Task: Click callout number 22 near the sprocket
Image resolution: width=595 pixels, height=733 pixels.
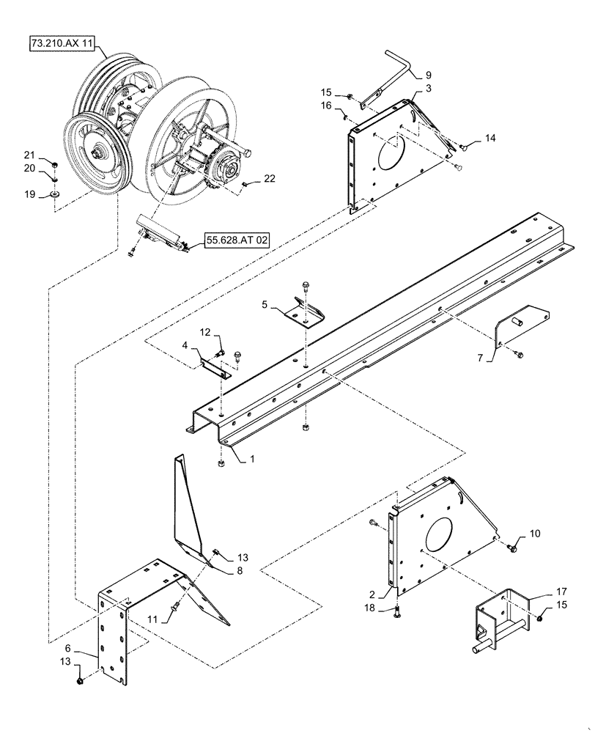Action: (x=270, y=179)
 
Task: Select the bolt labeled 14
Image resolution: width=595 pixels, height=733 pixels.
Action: (x=464, y=148)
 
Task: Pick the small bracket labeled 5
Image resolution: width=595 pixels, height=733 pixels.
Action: (x=305, y=312)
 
